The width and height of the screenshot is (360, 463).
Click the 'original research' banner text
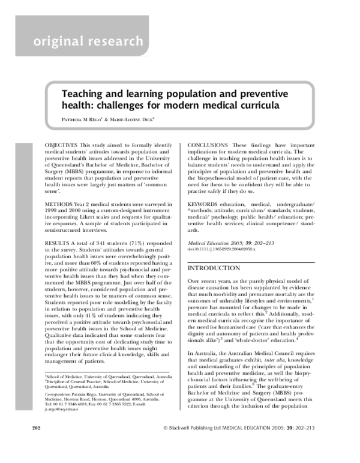pos(88,41)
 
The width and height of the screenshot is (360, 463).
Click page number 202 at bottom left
pos(35,444)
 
